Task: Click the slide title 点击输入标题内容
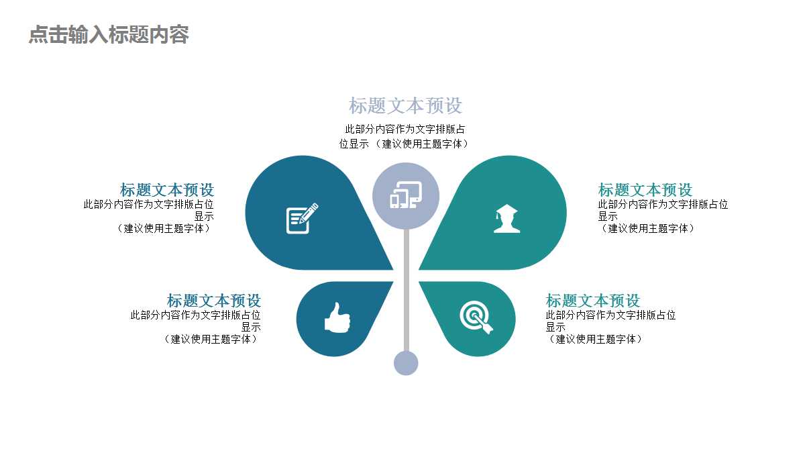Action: click(109, 35)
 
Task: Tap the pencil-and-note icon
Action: click(302, 218)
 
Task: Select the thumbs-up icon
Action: click(337, 317)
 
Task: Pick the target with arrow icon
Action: click(476, 317)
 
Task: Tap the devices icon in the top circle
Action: click(406, 195)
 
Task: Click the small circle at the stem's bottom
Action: click(406, 363)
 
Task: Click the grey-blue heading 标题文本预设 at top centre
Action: click(405, 106)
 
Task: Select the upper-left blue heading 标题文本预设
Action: click(167, 190)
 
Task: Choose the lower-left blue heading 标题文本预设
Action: click(214, 301)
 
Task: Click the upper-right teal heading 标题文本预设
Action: click(645, 190)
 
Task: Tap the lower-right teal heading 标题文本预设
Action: click(593, 301)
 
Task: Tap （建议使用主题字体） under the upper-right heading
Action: click(647, 228)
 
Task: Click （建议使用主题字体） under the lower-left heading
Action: click(211, 339)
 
